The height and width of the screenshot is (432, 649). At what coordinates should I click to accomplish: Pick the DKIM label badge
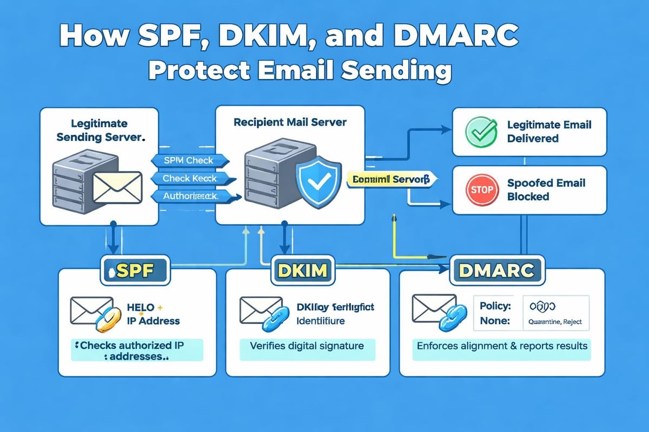click(303, 269)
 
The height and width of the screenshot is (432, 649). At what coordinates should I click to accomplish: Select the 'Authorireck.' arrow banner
click(190, 197)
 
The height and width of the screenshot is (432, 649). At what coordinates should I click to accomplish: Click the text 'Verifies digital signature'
click(306, 346)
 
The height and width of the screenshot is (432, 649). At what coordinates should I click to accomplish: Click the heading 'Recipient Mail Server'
click(290, 123)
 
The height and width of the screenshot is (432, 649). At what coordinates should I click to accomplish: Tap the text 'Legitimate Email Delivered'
click(549, 131)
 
